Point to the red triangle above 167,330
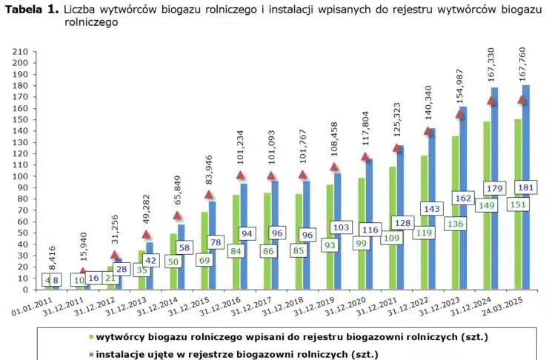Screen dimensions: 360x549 pyautogui.click(x=491, y=101)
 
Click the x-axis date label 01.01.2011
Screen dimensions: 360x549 pyautogui.click(x=34, y=306)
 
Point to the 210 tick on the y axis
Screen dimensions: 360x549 pyautogui.click(x=20, y=52)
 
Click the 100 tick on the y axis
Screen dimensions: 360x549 pyautogui.click(x=20, y=176)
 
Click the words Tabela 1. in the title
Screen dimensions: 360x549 pyautogui.click(x=32, y=10)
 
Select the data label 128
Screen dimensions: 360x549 pyautogui.click(x=402, y=222)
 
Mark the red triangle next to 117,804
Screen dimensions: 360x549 pyautogui.click(x=365, y=156)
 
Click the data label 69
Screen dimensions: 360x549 pyautogui.click(x=204, y=260)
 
